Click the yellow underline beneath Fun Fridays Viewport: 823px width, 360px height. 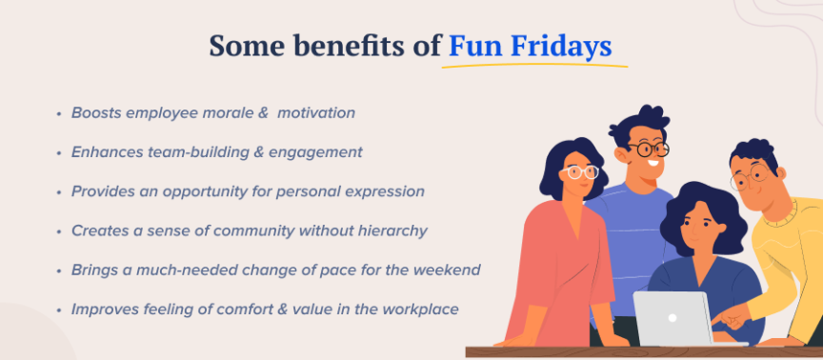point(537,66)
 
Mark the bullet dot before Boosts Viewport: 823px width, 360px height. point(60,113)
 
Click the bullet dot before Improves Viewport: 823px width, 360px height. point(60,310)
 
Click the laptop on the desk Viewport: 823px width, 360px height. point(673,317)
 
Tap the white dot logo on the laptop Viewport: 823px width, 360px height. point(672,316)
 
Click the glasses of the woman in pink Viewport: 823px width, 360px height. point(580,172)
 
